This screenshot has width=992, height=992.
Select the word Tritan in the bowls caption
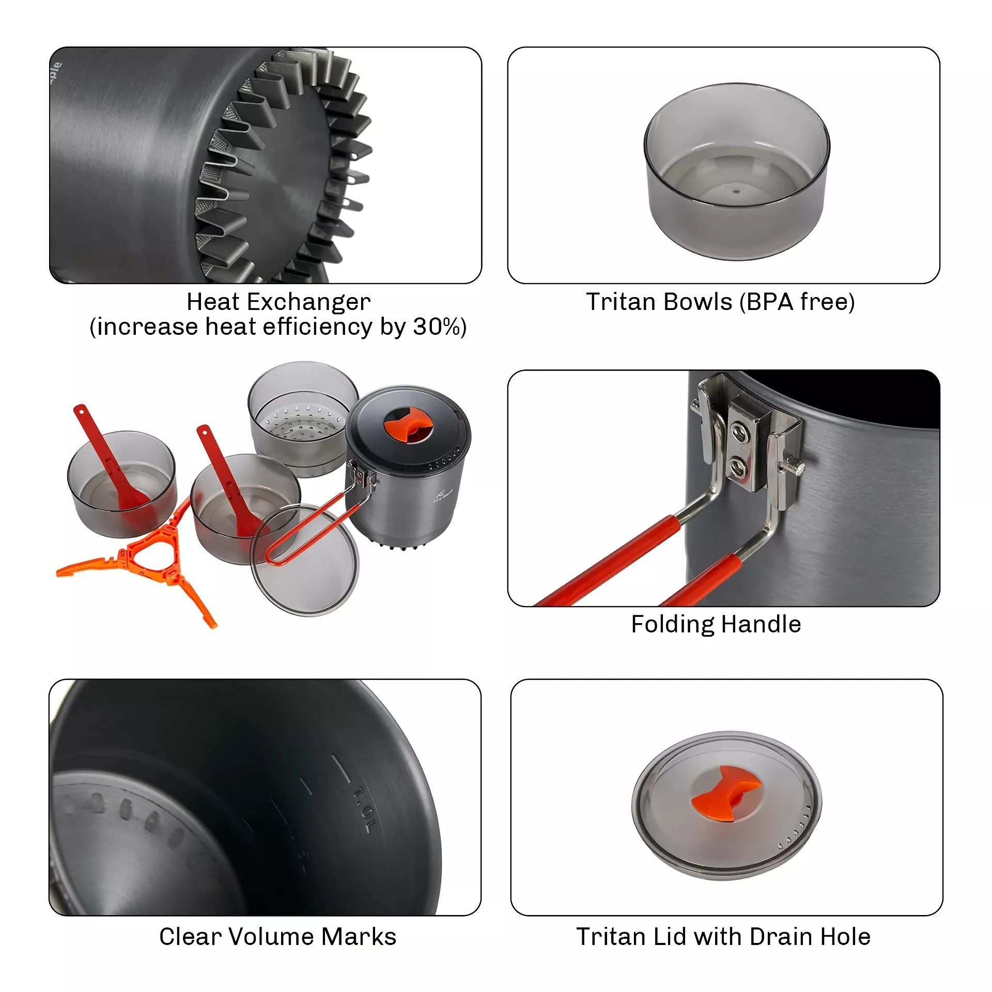coord(623,302)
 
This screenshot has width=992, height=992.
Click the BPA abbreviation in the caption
coord(770,302)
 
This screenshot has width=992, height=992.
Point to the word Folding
coord(672,624)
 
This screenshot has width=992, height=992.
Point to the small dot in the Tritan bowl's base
coord(737,191)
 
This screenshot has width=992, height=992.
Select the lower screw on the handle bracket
coord(738,467)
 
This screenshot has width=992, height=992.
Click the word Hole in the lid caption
coord(847,936)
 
